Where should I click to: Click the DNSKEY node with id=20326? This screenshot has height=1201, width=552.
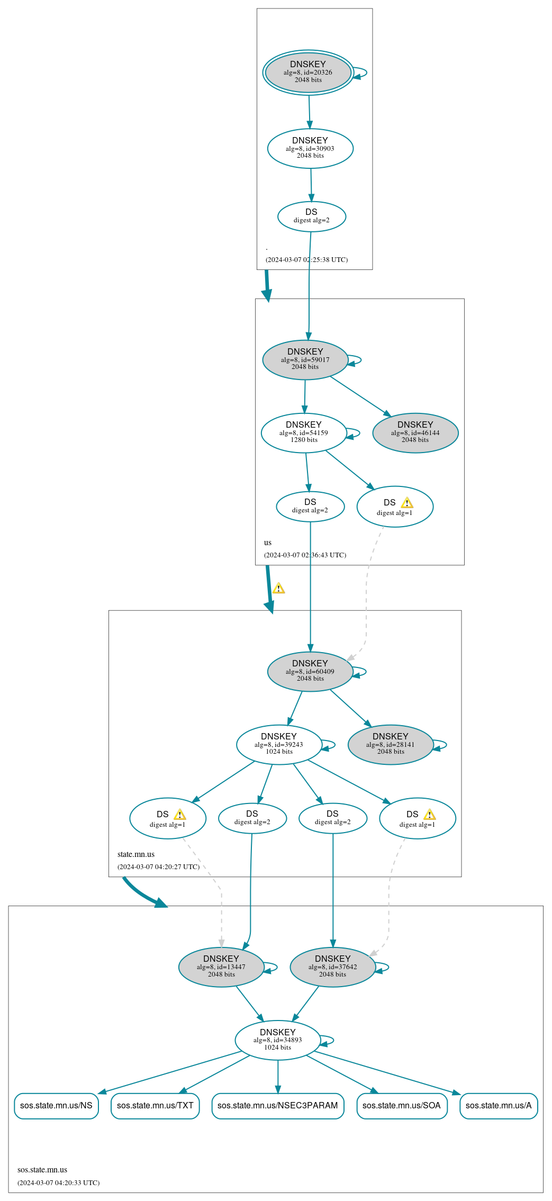tap(308, 73)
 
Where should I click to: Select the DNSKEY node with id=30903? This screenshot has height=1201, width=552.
tap(310, 148)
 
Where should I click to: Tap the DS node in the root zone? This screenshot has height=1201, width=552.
tap(311, 216)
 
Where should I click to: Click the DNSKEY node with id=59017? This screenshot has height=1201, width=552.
tap(305, 359)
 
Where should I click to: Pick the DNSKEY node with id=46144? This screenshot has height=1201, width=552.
tap(415, 432)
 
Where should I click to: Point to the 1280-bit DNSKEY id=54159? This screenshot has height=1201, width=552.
tap(303, 432)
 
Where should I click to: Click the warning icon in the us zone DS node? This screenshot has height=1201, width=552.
tap(406, 503)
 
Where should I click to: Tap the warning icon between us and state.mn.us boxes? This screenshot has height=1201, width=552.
tap(278, 588)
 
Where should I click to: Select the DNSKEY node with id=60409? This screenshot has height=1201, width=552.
tap(310, 671)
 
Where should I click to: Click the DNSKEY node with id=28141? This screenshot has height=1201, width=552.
tap(390, 744)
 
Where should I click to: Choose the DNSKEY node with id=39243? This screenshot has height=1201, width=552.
tap(278, 744)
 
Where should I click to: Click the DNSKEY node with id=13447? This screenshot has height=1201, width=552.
tap(221, 967)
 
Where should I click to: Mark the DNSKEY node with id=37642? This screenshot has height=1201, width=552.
tap(332, 967)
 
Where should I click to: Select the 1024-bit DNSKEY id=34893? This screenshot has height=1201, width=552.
tap(277, 1040)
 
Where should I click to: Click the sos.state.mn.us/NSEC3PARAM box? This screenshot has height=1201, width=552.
tap(277, 1105)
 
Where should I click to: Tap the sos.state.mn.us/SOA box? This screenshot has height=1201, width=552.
tap(401, 1105)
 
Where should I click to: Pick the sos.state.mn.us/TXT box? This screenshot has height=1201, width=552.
tap(155, 1105)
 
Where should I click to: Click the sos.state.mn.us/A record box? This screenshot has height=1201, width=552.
tap(498, 1105)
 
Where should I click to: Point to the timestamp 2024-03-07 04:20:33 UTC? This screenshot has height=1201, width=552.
tap(58, 1182)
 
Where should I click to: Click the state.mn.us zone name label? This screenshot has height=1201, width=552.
tap(136, 854)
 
